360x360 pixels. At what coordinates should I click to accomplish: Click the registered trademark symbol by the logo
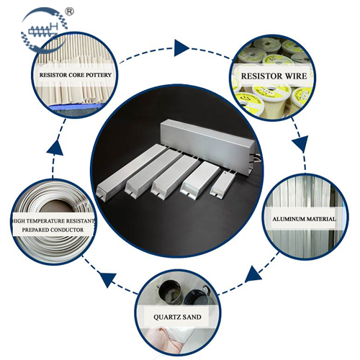[x=70, y=12]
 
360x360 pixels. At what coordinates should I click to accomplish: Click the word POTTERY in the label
[x=99, y=75]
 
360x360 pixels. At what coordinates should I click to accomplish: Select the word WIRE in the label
[x=296, y=76]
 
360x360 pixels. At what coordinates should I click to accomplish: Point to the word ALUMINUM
[x=286, y=219]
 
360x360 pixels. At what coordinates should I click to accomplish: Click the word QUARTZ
[x=166, y=317]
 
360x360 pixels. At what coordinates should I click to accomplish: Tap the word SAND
[x=192, y=317]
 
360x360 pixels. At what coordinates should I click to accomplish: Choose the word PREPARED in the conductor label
[x=35, y=230]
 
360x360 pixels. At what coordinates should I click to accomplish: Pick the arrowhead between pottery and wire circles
[x=181, y=48]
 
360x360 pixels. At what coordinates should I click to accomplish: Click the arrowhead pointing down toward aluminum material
[x=300, y=143]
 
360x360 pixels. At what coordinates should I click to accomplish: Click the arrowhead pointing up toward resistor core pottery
[x=55, y=148]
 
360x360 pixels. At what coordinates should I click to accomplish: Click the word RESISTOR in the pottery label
[x=53, y=75]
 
